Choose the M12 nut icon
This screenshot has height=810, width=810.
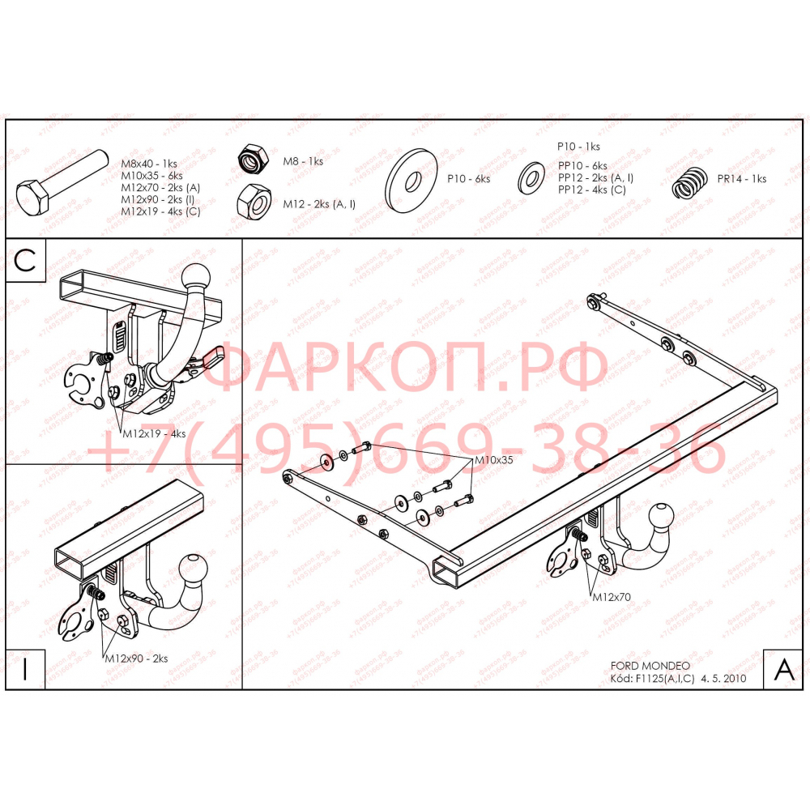(254, 200)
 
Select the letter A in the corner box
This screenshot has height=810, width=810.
(783, 669)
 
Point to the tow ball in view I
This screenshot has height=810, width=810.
(195, 569)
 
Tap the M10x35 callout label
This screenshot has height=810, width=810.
(494, 460)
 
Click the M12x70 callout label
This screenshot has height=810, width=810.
(612, 597)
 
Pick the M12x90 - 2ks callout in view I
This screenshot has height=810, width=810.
(135, 659)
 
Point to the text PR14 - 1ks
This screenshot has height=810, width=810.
(740, 179)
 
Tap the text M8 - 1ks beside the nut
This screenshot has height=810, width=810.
(302, 161)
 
